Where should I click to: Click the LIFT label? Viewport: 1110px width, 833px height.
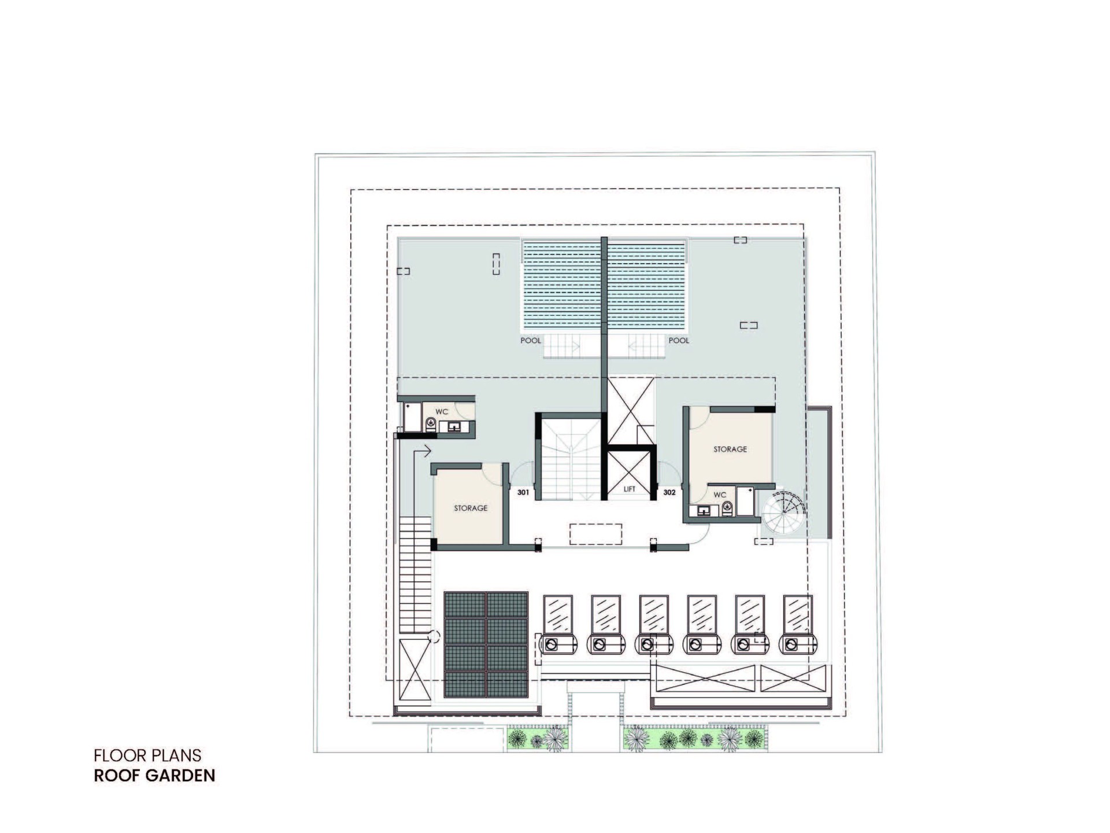pos(630,489)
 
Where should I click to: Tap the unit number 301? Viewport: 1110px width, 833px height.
pos(523,492)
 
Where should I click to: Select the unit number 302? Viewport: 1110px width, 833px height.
pos(669,492)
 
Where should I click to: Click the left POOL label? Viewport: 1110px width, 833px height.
pos(531,340)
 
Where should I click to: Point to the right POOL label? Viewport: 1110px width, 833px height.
pos(679,340)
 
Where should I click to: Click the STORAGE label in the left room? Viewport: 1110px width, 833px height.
pos(471,508)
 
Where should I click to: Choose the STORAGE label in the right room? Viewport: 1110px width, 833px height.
pos(730,449)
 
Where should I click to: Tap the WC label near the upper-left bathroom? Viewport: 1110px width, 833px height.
pos(442,412)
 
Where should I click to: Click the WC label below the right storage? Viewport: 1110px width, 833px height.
pos(720,495)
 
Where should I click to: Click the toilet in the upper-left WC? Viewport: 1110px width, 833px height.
pos(431,425)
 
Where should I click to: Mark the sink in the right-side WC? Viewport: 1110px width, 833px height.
pos(704,511)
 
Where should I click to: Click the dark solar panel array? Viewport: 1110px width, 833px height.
pos(486,644)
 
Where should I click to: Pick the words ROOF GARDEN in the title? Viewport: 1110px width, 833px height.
pos(154,776)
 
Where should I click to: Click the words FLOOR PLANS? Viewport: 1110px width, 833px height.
pos(147,755)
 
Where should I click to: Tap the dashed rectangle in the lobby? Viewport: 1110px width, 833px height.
pos(595,534)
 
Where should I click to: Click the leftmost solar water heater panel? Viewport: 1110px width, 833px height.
pos(558,614)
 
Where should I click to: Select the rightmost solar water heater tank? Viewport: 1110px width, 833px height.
pos(798,644)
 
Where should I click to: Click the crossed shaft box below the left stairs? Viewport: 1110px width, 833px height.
pos(416,670)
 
